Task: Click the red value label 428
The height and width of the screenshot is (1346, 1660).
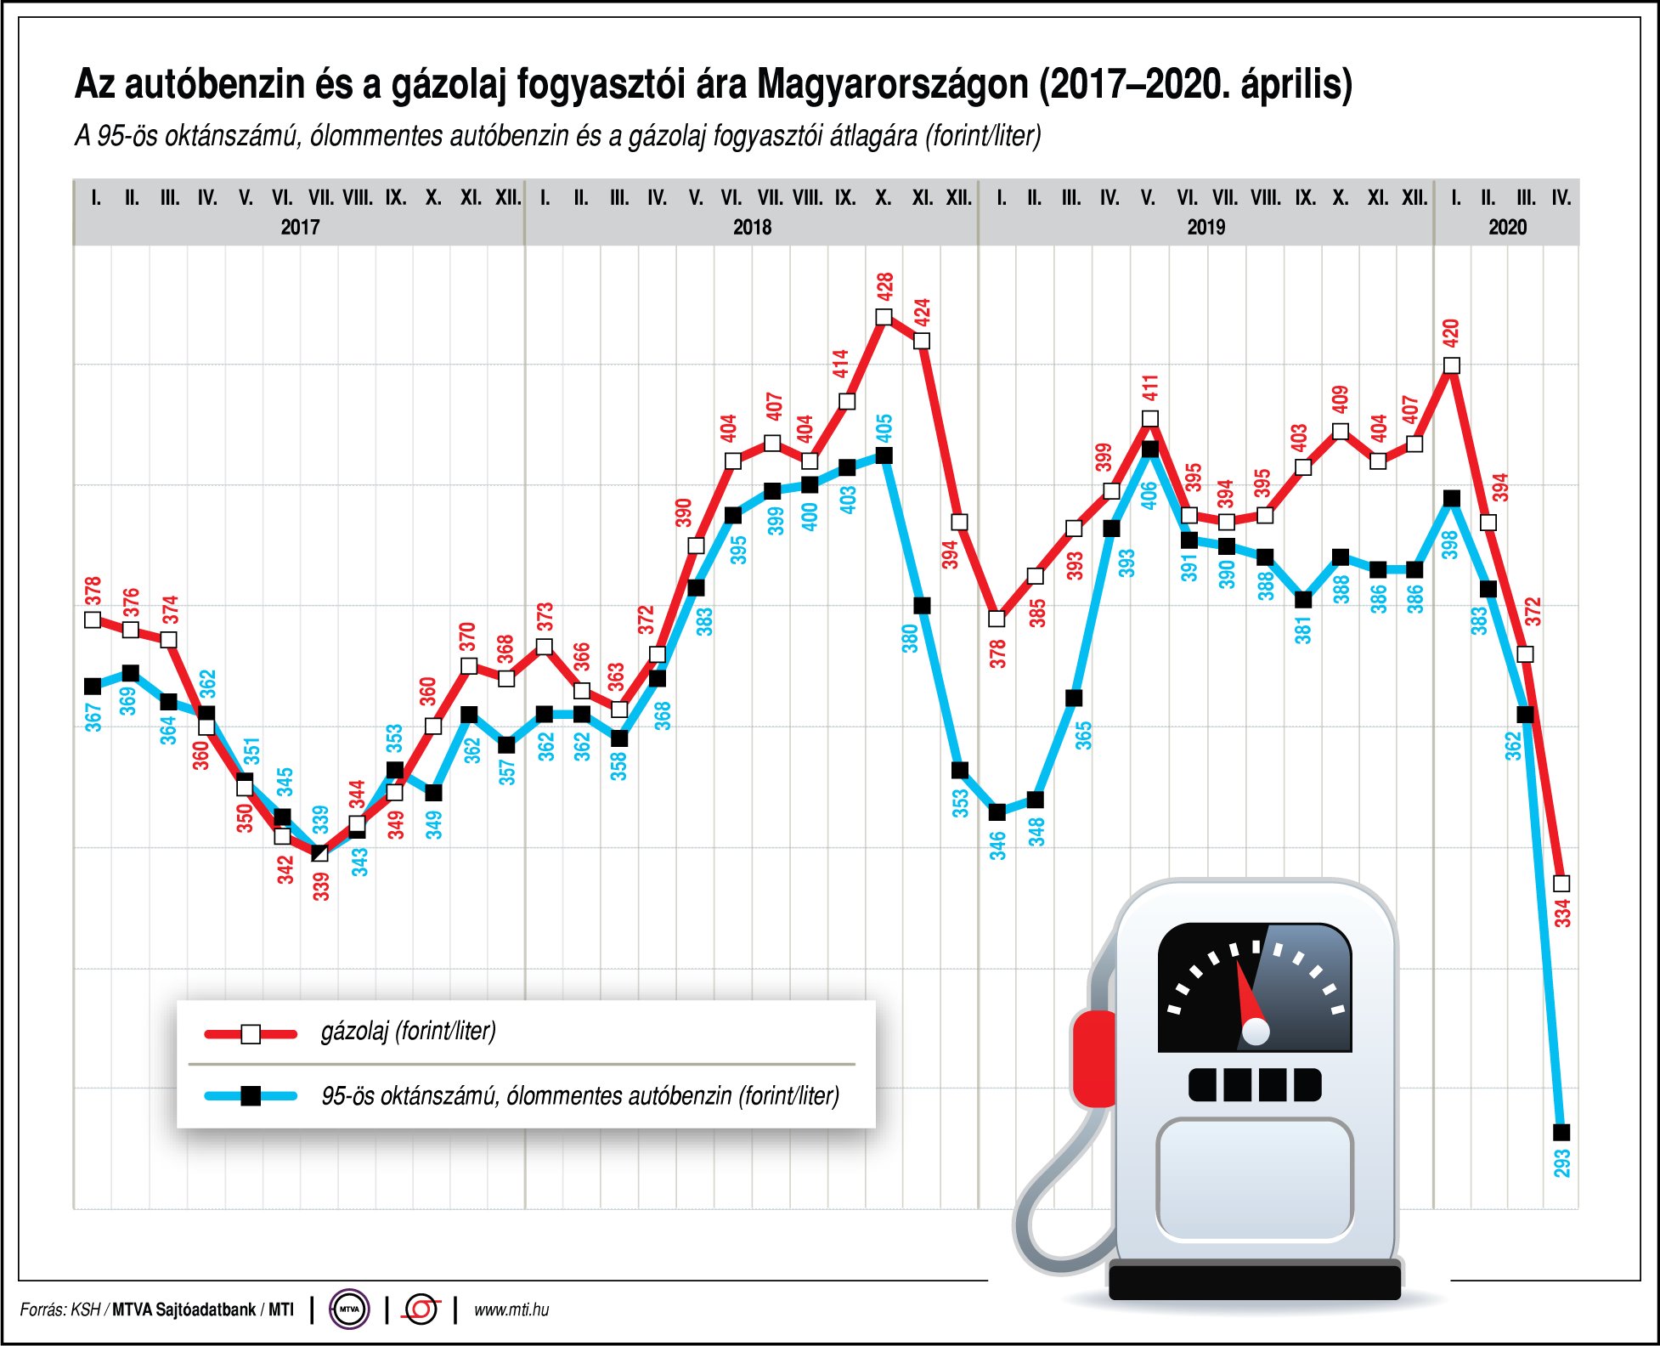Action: click(884, 286)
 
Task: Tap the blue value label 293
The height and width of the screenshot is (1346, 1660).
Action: click(1561, 1162)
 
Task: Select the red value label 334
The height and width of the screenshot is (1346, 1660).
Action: click(1562, 912)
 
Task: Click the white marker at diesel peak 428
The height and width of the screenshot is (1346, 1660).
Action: click(884, 317)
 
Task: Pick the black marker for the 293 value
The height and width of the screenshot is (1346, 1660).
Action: click(1561, 1132)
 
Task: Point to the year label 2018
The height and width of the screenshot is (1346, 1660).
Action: click(752, 227)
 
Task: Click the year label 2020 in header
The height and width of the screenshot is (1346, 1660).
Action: click(1507, 227)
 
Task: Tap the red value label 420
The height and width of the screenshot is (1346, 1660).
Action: click(1451, 332)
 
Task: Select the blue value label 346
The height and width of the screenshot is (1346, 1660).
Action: click(997, 845)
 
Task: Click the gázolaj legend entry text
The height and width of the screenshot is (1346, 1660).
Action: click(408, 1032)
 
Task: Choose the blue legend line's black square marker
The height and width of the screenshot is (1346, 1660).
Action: click(251, 1096)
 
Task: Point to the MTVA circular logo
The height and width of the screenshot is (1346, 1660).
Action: click(349, 1309)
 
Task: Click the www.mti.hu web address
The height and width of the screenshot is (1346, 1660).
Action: click(511, 1309)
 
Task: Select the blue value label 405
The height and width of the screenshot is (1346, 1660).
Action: click(884, 427)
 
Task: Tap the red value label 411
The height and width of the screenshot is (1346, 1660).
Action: click(1149, 387)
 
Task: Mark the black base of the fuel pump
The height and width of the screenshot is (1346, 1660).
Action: click(1255, 1281)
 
